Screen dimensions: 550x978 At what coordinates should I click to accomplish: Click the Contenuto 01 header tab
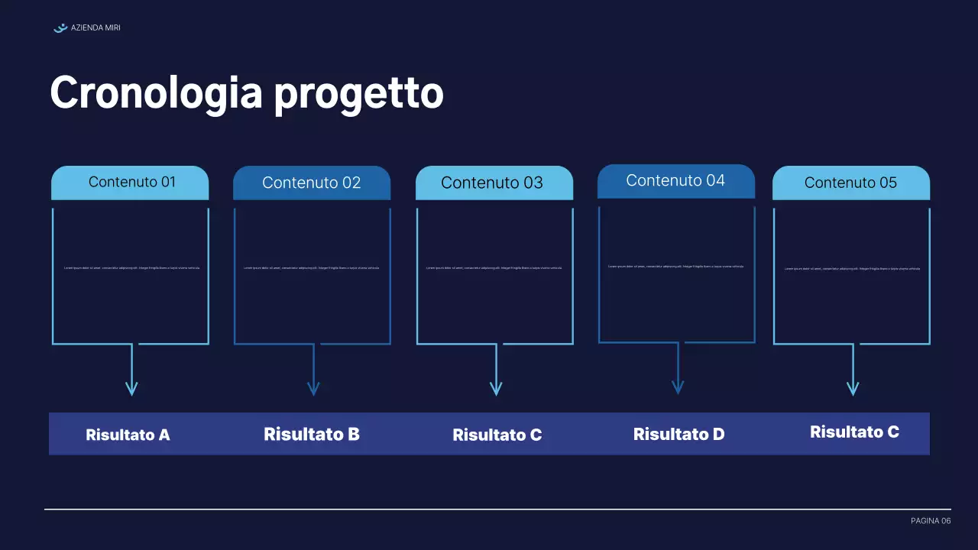[130, 183]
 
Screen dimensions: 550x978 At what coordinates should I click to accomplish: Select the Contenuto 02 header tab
[312, 183]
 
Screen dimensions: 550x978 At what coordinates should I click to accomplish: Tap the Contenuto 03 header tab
[494, 183]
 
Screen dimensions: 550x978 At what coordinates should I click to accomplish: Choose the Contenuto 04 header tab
[675, 181]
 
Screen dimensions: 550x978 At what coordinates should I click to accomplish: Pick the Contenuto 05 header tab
[850, 183]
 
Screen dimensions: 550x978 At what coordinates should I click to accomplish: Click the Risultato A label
[128, 435]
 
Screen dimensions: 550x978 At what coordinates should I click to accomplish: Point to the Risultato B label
[312, 435]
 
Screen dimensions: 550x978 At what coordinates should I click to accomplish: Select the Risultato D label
[678, 435]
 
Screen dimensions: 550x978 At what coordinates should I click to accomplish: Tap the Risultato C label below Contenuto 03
[497, 435]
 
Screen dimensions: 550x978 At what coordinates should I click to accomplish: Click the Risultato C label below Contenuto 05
[854, 432]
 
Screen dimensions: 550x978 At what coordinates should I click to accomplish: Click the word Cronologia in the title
[157, 93]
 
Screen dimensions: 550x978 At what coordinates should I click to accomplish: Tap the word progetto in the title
[358, 95]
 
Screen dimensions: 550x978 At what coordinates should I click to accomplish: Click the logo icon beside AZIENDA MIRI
[60, 28]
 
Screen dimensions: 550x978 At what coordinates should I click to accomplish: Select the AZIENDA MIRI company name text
[96, 28]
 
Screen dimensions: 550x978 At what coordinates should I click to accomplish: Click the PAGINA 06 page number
[931, 521]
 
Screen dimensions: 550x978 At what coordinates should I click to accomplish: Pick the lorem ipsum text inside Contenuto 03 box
[494, 268]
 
